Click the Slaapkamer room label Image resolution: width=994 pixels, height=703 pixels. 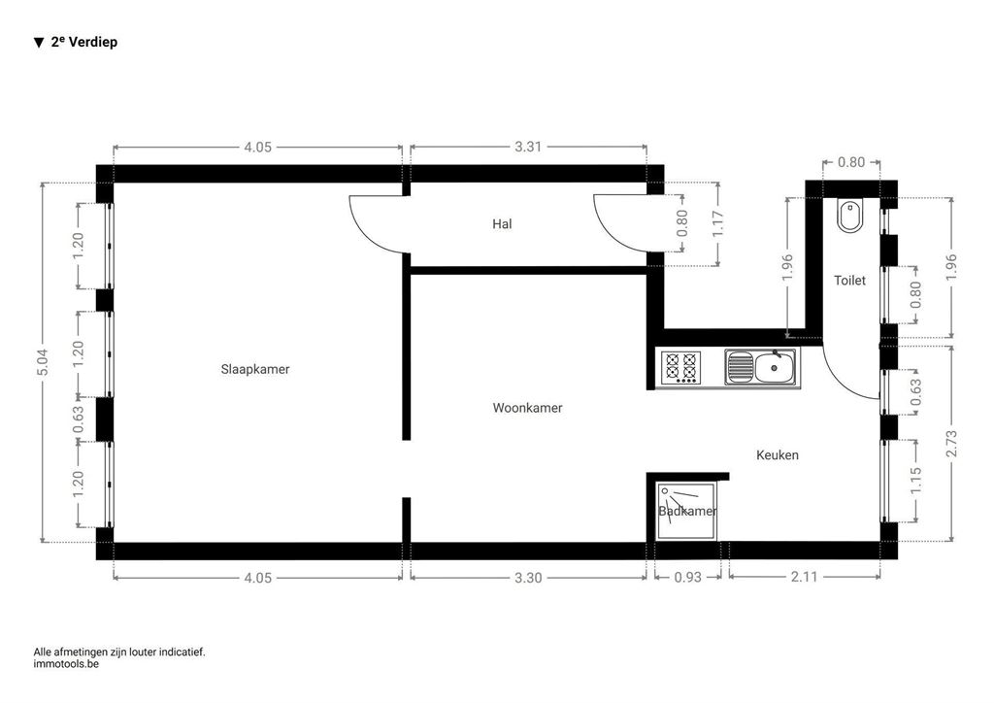click(x=255, y=369)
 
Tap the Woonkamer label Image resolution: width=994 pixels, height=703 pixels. click(x=527, y=408)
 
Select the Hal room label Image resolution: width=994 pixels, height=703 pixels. click(x=502, y=223)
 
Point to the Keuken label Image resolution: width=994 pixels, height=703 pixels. click(x=778, y=454)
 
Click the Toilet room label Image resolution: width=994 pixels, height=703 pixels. click(x=849, y=281)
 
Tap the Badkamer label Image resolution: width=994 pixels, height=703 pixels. click(x=688, y=511)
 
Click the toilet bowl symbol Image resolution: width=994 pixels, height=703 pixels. click(x=849, y=217)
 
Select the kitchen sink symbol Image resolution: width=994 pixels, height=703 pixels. click(x=763, y=367)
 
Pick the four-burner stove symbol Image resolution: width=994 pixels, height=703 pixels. click(x=681, y=368)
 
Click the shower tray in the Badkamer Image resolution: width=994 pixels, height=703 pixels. click(x=686, y=511)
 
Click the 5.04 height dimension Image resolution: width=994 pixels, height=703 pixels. click(x=43, y=362)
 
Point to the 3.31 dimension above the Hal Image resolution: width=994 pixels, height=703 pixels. click(x=527, y=147)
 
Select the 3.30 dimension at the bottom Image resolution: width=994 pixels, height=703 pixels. click(x=527, y=578)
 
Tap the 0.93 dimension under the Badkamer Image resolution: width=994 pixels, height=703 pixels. click(x=688, y=578)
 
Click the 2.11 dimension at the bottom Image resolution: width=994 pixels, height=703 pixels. click(x=804, y=577)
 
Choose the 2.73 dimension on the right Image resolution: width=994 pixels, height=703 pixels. click(x=951, y=444)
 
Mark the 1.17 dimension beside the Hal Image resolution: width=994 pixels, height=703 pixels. click(x=717, y=223)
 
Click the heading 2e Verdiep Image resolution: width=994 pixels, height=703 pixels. click(x=83, y=42)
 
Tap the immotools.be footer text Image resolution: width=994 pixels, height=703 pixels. click(x=66, y=664)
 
